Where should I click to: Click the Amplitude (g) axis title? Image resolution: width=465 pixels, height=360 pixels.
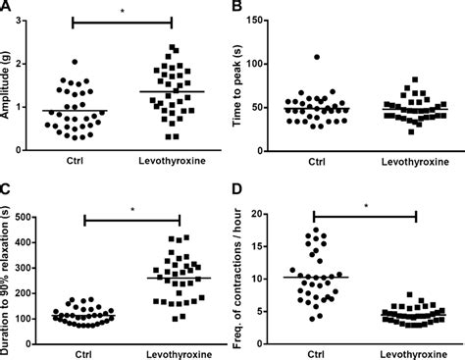(x=9, y=83)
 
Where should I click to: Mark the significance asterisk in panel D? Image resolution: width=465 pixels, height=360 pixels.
(x=366, y=206)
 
